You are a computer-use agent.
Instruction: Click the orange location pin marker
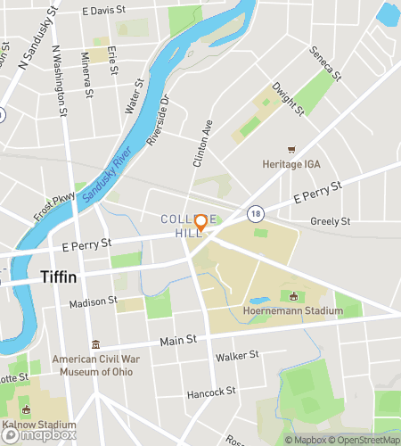(201, 223)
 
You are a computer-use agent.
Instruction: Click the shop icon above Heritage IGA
(290, 150)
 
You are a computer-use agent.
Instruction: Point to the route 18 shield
(257, 213)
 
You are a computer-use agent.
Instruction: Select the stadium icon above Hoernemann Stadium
(294, 296)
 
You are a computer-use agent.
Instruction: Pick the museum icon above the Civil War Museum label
(95, 344)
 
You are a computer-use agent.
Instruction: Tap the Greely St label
(331, 220)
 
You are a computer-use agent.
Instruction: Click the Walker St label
(237, 356)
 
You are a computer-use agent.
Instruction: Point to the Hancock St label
(211, 392)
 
